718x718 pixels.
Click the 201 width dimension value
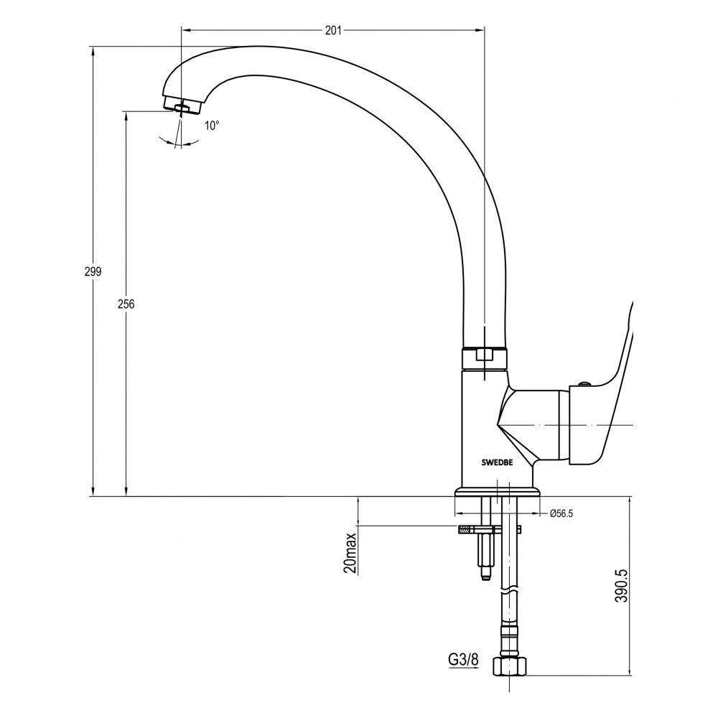click(333, 30)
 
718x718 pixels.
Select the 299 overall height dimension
click(93, 271)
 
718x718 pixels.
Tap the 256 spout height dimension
click(126, 304)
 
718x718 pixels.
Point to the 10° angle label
click(212, 126)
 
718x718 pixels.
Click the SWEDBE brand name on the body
click(498, 462)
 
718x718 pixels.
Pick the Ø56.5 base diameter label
click(561, 513)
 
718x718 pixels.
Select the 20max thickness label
click(350, 553)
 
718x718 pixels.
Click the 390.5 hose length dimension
click(621, 586)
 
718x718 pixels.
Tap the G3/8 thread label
click(463, 659)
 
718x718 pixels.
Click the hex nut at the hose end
click(510, 666)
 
